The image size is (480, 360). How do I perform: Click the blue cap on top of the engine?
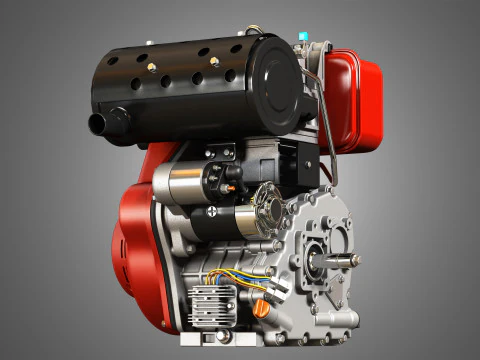point(303,37)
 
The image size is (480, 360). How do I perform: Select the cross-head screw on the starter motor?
point(213,212)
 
